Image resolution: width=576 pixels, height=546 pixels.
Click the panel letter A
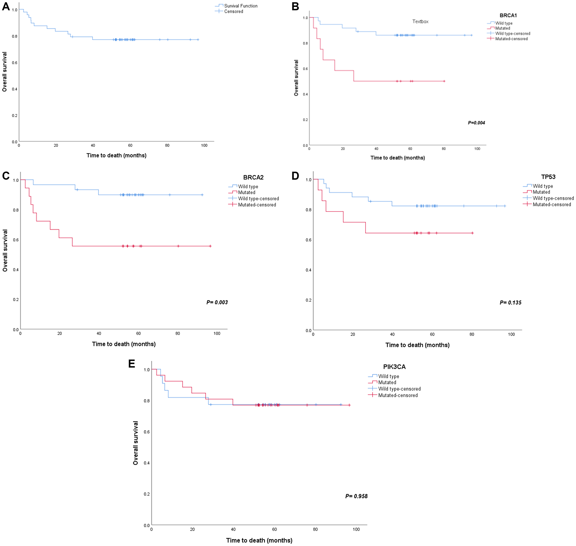tap(6, 6)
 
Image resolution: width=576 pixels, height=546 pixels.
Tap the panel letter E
tap(132, 364)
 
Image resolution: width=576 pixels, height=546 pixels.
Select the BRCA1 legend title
tap(508, 16)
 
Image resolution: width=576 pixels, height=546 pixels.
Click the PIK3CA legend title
tap(394, 367)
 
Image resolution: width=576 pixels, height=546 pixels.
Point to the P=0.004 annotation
tap(476, 123)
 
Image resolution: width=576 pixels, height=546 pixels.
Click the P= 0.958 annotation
tap(356, 496)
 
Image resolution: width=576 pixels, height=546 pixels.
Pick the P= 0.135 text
tap(510, 303)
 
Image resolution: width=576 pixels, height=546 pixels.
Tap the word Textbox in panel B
tap(420, 22)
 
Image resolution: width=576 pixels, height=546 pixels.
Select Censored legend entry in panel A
tap(233, 12)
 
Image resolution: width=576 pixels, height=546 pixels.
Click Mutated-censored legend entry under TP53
tap(551, 205)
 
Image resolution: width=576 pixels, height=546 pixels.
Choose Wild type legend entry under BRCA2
tap(248, 187)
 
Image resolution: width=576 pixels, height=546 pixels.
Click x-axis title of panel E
tap(259, 540)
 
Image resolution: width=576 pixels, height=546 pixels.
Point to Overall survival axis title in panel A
tap(5, 71)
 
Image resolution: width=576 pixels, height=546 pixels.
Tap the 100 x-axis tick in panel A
tap(204, 146)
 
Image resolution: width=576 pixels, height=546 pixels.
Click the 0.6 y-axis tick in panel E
tap(147, 432)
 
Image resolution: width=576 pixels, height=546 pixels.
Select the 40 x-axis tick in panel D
tap(392, 334)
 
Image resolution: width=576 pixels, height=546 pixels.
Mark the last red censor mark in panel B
tap(444, 81)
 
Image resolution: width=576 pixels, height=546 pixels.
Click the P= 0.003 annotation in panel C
tap(217, 302)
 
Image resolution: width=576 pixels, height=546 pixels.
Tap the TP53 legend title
tap(548, 177)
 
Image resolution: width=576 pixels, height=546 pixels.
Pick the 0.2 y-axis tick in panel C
tap(16, 300)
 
